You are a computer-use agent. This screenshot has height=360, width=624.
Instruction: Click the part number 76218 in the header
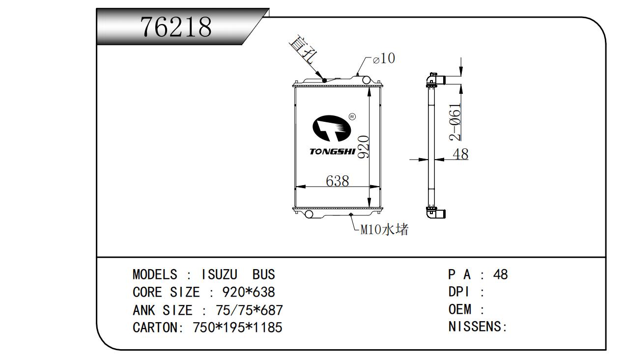tap(176, 28)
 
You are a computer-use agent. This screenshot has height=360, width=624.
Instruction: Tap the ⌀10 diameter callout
tap(384, 59)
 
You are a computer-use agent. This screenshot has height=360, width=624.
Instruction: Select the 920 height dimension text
tap(364, 147)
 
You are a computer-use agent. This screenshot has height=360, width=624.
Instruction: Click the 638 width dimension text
tap(338, 181)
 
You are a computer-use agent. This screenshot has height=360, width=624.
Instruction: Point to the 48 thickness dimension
tap(460, 154)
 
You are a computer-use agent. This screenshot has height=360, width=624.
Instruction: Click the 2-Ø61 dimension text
tap(455, 121)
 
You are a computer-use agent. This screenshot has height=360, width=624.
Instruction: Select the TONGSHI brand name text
tap(332, 151)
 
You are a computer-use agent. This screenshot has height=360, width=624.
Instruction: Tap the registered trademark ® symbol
tap(352, 116)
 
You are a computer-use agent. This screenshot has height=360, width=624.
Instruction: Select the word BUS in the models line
tap(263, 274)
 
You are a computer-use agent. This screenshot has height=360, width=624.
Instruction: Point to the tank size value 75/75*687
tap(249, 310)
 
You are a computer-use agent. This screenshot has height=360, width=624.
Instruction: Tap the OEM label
tap(460, 309)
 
